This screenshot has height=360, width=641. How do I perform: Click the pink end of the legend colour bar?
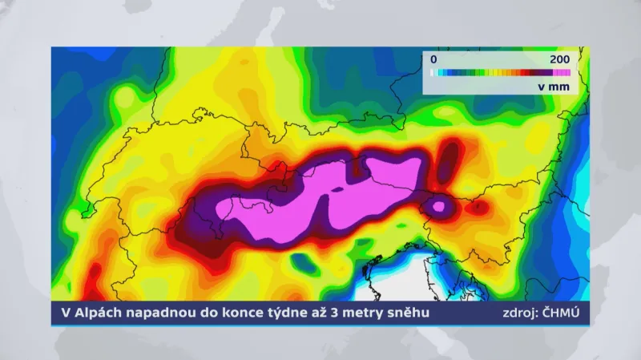[x=565, y=73]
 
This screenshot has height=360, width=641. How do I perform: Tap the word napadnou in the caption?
[x=160, y=313]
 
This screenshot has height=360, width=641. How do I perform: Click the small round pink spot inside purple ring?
[x=438, y=207]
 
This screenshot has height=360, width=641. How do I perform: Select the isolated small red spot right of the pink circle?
[x=478, y=207]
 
